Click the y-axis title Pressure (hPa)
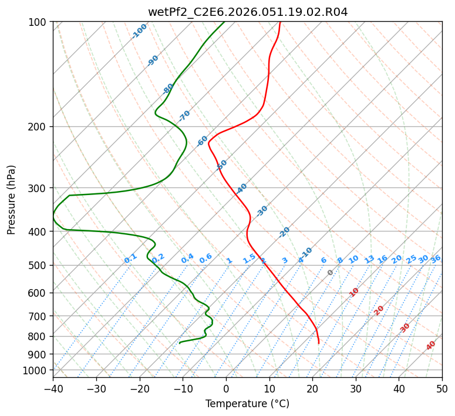pyautogui.click(x=12, y=199)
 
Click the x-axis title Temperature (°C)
pyautogui.click(x=247, y=404)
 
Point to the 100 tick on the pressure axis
pyautogui.click(x=38, y=22)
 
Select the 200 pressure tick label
pyautogui.click(x=38, y=127)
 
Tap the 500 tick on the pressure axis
pyautogui.click(x=38, y=266)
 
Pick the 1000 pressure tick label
pyautogui.click(x=36, y=370)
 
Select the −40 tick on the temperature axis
pyautogui.click(x=53, y=389)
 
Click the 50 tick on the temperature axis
pyautogui.click(x=442, y=389)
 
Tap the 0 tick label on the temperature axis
pyautogui.click(x=226, y=389)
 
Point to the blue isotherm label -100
pyautogui.click(x=139, y=31)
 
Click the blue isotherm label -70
pyautogui.click(x=184, y=116)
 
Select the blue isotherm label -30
pyautogui.click(x=262, y=210)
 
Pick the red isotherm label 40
pyautogui.click(x=431, y=345)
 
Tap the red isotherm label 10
pyautogui.click(x=354, y=292)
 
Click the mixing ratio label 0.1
pyautogui.click(x=130, y=259)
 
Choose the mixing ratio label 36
pyautogui.click(x=436, y=259)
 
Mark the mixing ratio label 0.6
pyautogui.click(x=205, y=259)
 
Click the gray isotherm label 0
pyautogui.click(x=331, y=273)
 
